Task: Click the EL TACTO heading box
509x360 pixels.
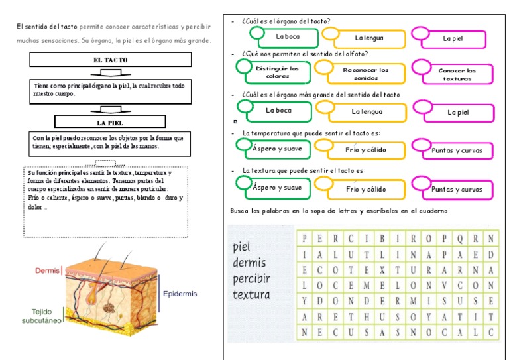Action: [111, 60]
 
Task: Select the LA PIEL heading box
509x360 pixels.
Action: [111, 123]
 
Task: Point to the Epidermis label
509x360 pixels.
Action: [180, 294]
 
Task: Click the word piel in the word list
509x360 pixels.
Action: [243, 247]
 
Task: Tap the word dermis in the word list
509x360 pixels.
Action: [249, 263]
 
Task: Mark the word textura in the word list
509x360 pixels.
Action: [252, 294]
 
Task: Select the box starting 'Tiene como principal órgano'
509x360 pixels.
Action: [111, 90]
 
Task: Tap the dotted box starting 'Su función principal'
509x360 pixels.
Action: [105, 190]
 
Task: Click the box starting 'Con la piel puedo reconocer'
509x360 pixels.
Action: [111, 143]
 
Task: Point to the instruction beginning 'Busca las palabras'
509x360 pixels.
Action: [340, 211]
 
